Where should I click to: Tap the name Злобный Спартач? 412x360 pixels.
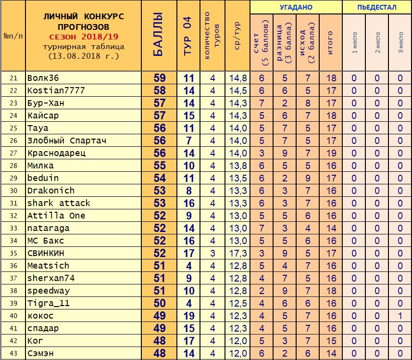pos(67,141)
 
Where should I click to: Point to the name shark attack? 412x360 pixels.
pos(59,203)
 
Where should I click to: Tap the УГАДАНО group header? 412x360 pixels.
pos(296,7)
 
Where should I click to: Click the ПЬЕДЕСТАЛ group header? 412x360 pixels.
pos(377,7)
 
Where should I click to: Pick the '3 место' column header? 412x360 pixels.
pos(401,42)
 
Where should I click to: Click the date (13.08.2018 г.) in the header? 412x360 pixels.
pos(84,56)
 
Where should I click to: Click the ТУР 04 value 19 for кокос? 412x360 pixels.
pos(189,316)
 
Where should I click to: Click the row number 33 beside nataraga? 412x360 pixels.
pos(13,228)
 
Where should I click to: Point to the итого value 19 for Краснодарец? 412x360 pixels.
pos(331,153)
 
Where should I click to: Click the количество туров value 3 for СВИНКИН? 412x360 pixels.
pos(213,253)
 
